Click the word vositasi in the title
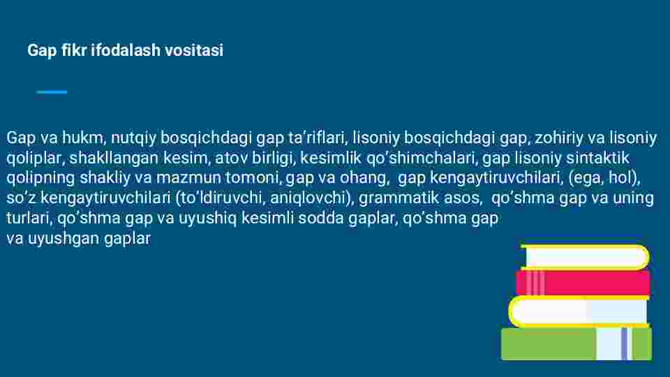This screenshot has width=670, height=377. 194,50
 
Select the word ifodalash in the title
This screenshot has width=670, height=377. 126,50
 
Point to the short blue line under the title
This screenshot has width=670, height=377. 52,92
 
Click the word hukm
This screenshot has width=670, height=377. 83,138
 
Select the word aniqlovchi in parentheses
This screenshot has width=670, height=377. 308,198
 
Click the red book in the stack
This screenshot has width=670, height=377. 583,283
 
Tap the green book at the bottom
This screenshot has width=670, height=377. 576,343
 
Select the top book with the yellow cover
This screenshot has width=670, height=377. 585,257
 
